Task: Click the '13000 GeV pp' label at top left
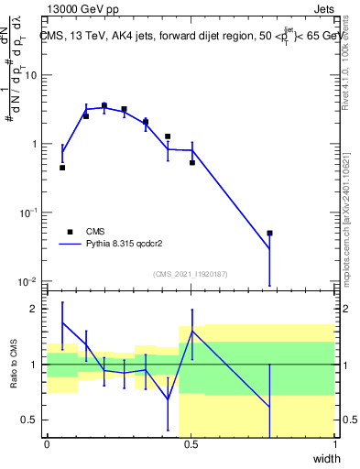[x=82, y=8]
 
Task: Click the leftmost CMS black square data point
[x=62, y=168]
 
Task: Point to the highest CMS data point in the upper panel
[x=104, y=106]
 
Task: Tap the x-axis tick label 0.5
[x=191, y=445]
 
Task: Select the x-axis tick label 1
[x=334, y=445]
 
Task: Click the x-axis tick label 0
[x=47, y=445]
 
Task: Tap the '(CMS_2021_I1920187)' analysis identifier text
[x=191, y=274]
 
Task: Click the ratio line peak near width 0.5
[x=192, y=331]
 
